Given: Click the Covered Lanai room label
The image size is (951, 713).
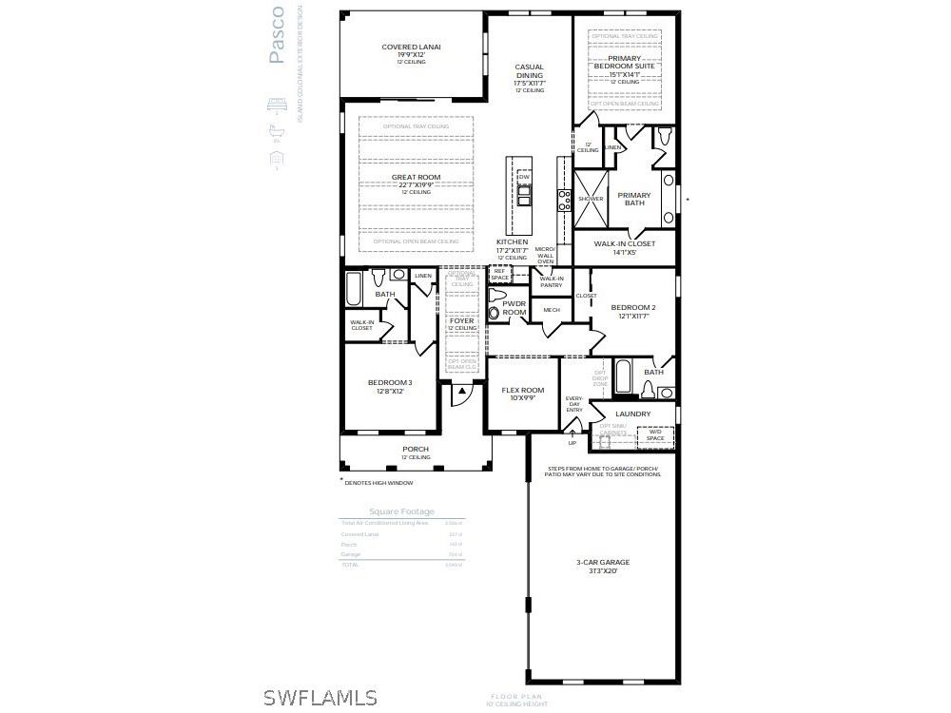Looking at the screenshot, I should point(411,47).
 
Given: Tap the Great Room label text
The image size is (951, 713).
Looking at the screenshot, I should point(416,178).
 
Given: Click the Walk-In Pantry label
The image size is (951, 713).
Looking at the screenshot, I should point(552,281).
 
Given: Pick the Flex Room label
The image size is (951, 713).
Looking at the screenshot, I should point(523,391).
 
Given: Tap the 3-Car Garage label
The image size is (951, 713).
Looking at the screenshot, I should point(603,562).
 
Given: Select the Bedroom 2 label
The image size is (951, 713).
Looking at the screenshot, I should point(632,308).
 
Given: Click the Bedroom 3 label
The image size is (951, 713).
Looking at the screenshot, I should point(390,383).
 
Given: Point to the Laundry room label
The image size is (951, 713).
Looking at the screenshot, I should point(632,414).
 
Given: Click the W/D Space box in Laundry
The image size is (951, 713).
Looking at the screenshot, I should point(655,435).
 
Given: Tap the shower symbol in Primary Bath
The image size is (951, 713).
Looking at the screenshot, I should point(590,199).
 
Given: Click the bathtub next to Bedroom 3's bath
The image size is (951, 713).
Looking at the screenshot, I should point(354,288).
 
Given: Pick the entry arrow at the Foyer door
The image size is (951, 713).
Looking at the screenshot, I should point(461,390).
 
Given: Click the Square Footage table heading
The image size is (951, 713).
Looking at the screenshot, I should point(401,511).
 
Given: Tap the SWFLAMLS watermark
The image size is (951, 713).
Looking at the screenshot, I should point(320,698).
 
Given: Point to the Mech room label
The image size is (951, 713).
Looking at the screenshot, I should point(552,310).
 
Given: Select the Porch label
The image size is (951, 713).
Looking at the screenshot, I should point(416,449).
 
